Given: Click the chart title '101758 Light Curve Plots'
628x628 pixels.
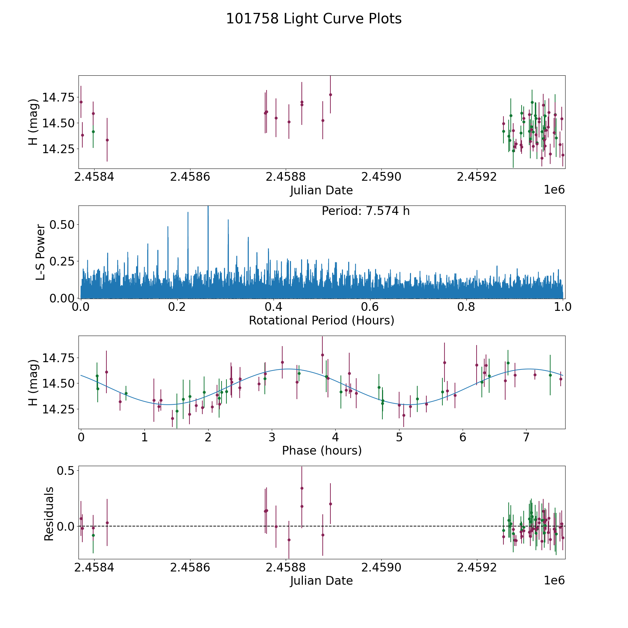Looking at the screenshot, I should (314, 19).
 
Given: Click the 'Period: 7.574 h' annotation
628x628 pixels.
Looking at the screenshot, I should (366, 211).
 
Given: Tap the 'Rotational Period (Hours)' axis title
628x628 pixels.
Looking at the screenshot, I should (321, 320).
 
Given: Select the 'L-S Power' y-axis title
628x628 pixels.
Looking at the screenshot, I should (40, 252).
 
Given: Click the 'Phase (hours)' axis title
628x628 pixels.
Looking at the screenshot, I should (322, 450).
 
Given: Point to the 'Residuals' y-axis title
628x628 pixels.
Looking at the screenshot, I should (49, 514).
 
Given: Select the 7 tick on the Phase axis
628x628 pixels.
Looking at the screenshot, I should (526, 437).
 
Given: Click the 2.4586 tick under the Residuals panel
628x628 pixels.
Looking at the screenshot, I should (190, 567).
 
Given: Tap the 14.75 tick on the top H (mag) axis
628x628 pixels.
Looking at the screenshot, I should (58, 97).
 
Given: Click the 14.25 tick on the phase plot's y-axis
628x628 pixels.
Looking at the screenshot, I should (58, 409).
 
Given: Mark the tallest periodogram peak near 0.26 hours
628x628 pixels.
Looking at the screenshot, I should (208, 208).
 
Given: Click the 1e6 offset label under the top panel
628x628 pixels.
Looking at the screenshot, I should (554, 190).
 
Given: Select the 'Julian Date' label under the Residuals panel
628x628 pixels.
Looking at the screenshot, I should (321, 581).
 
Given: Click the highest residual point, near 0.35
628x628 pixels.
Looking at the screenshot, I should (302, 488).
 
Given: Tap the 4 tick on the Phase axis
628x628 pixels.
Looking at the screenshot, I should (335, 437).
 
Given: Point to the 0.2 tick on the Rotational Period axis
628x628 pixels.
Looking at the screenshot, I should (177, 307).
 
